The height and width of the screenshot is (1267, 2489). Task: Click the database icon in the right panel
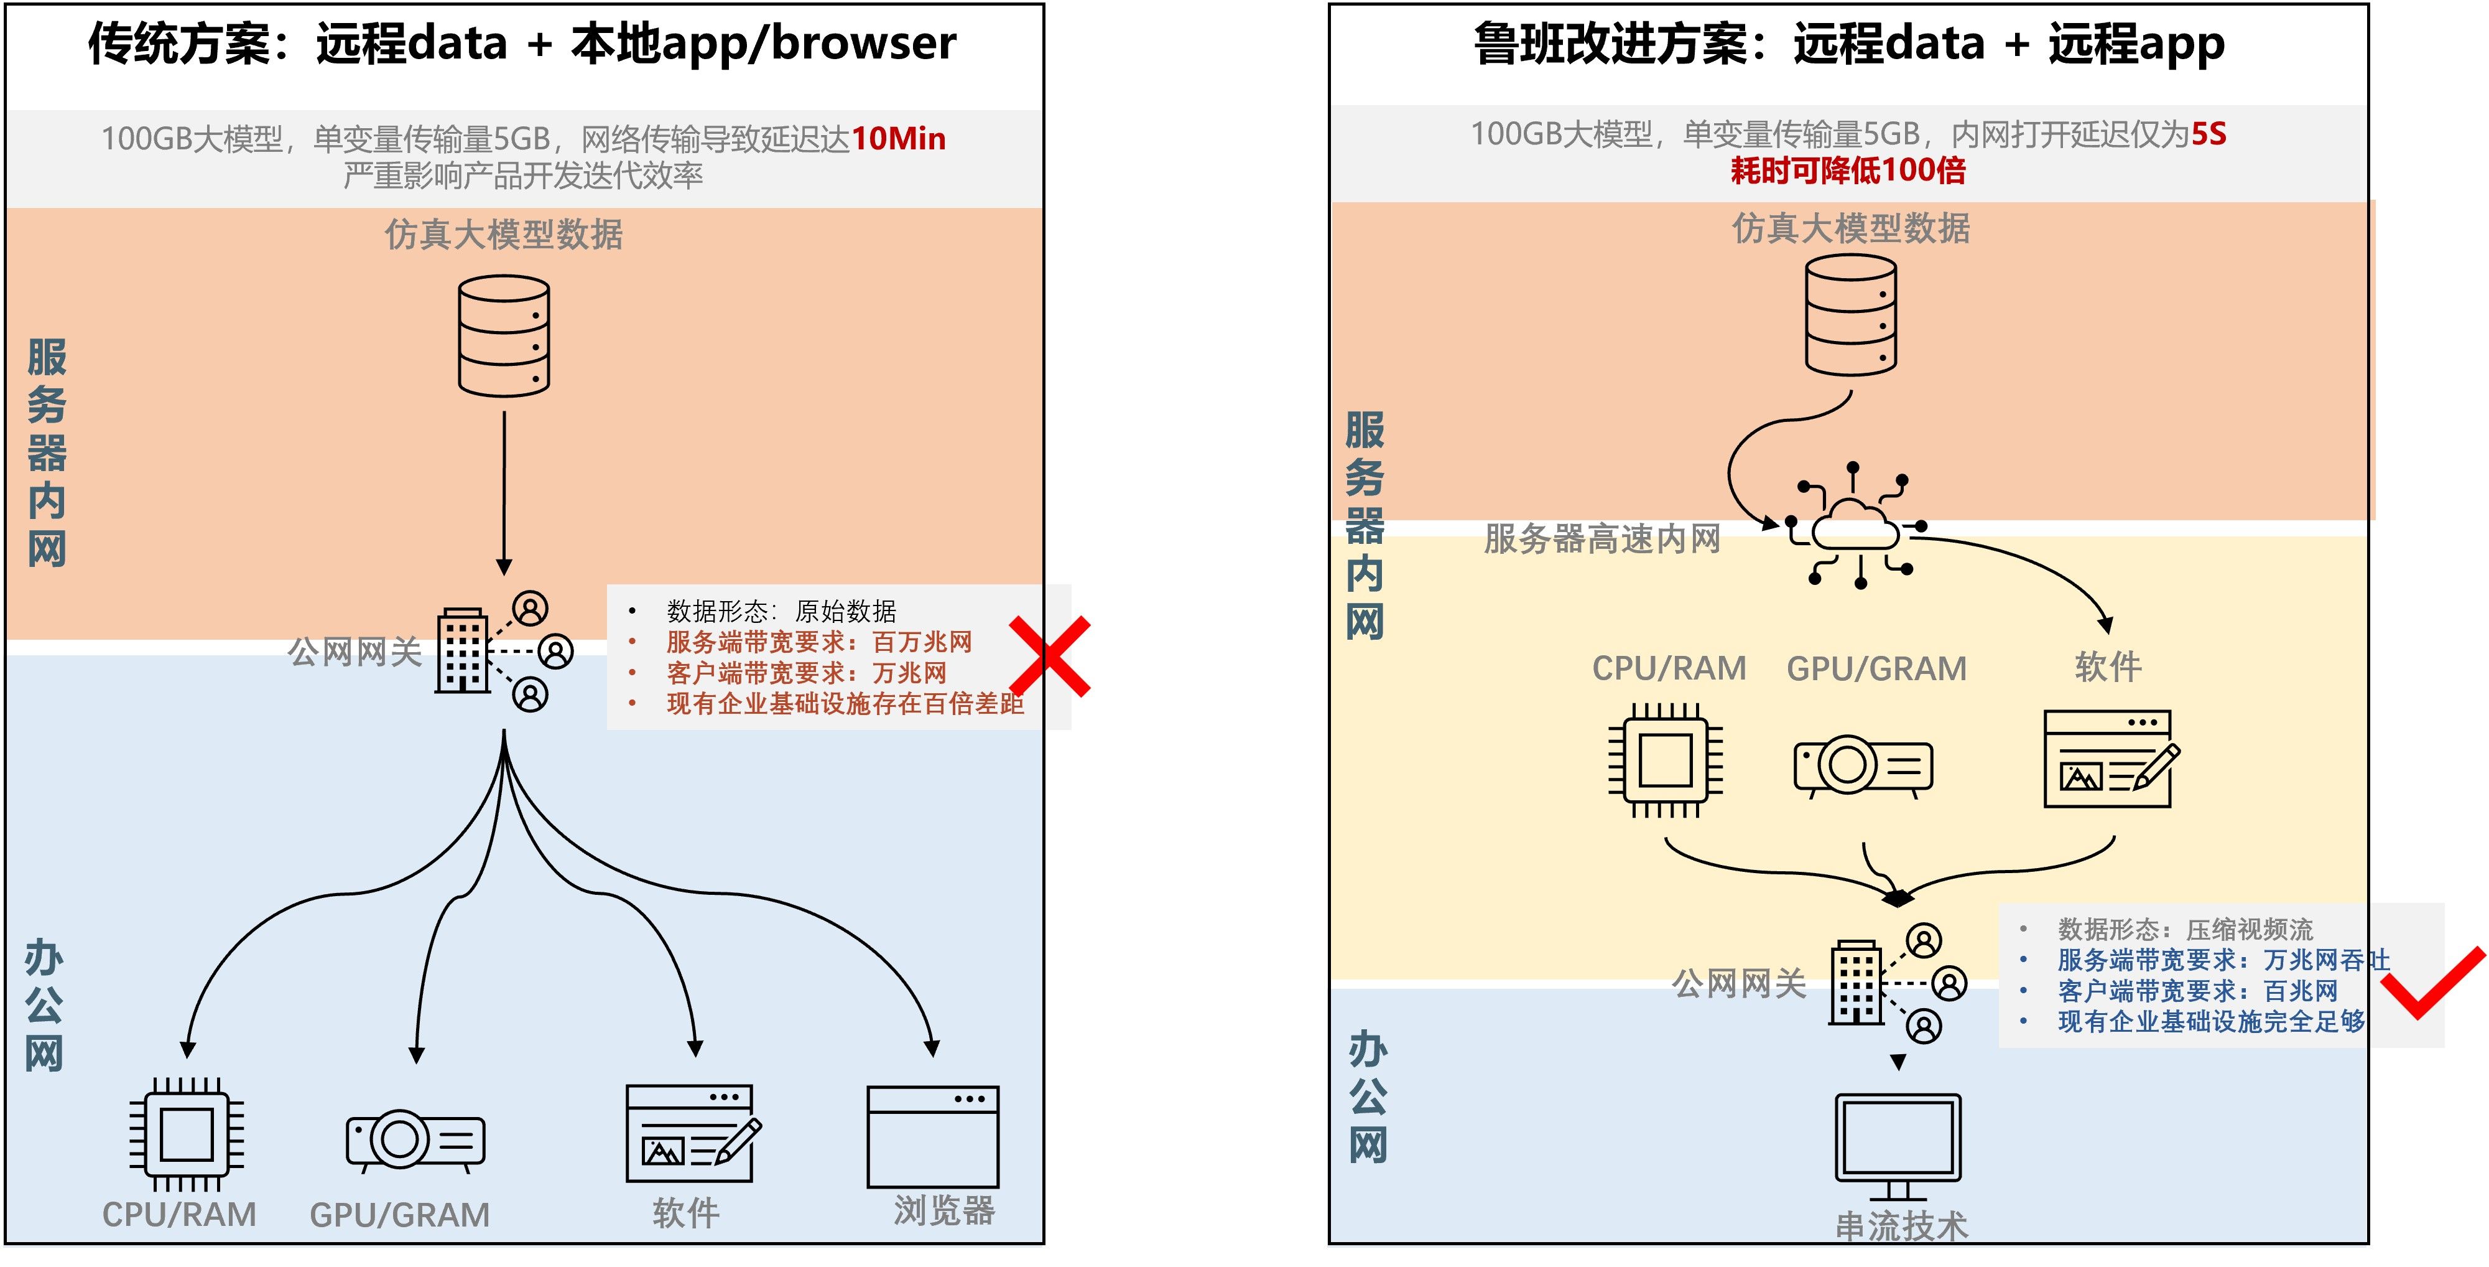pos(1850,315)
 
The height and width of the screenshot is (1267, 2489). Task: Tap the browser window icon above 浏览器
pos(932,1136)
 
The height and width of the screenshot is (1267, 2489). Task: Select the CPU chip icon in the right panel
pos(1665,760)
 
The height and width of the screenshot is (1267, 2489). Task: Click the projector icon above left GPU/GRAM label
pos(415,1141)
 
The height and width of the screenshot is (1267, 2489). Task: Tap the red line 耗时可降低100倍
pos(1847,171)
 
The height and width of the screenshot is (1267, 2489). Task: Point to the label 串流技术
pos(1901,1227)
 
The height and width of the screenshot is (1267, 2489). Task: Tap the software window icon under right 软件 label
pos(2109,759)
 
